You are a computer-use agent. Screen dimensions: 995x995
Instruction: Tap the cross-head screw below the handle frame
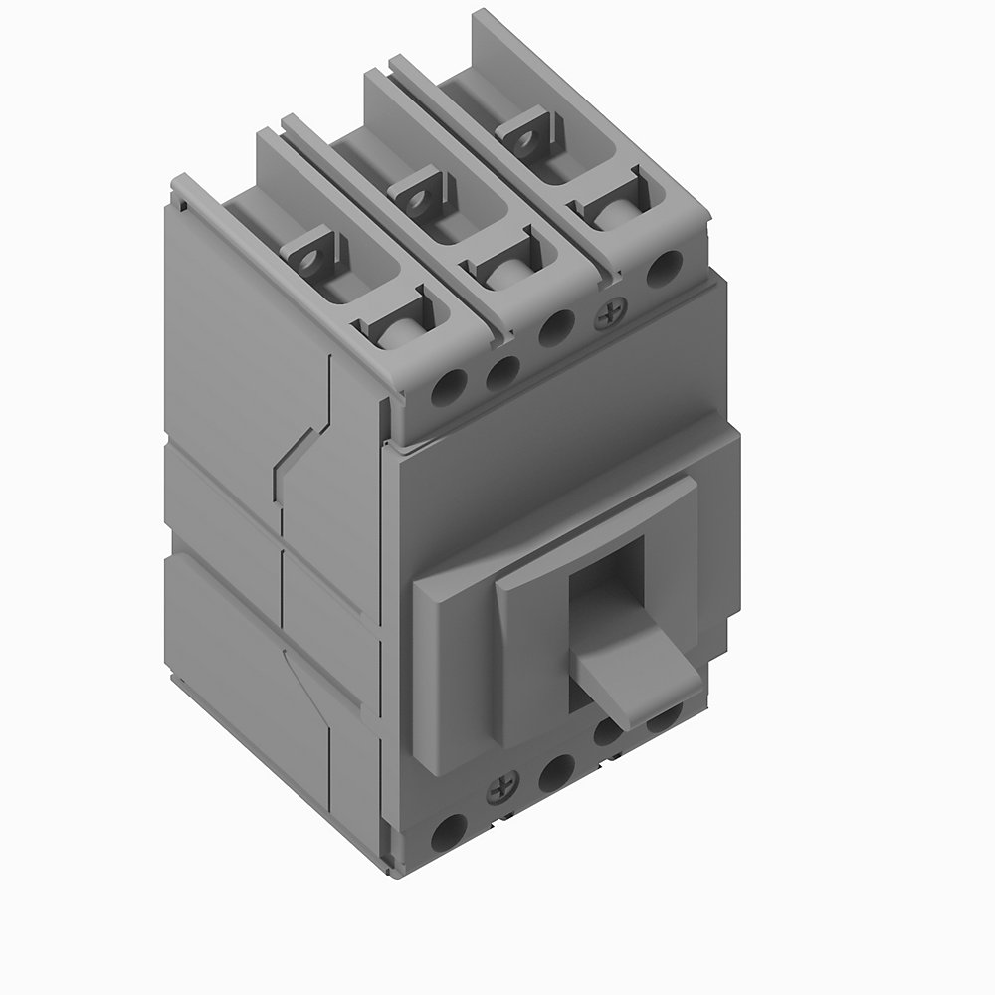pos(497,791)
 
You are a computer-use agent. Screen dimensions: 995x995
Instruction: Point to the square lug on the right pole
pos(526,131)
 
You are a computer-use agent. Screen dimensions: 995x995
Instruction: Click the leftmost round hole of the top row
pos(450,387)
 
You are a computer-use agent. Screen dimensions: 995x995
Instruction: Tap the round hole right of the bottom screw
pos(556,768)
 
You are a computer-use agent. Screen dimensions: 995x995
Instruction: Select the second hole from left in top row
pos(502,372)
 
